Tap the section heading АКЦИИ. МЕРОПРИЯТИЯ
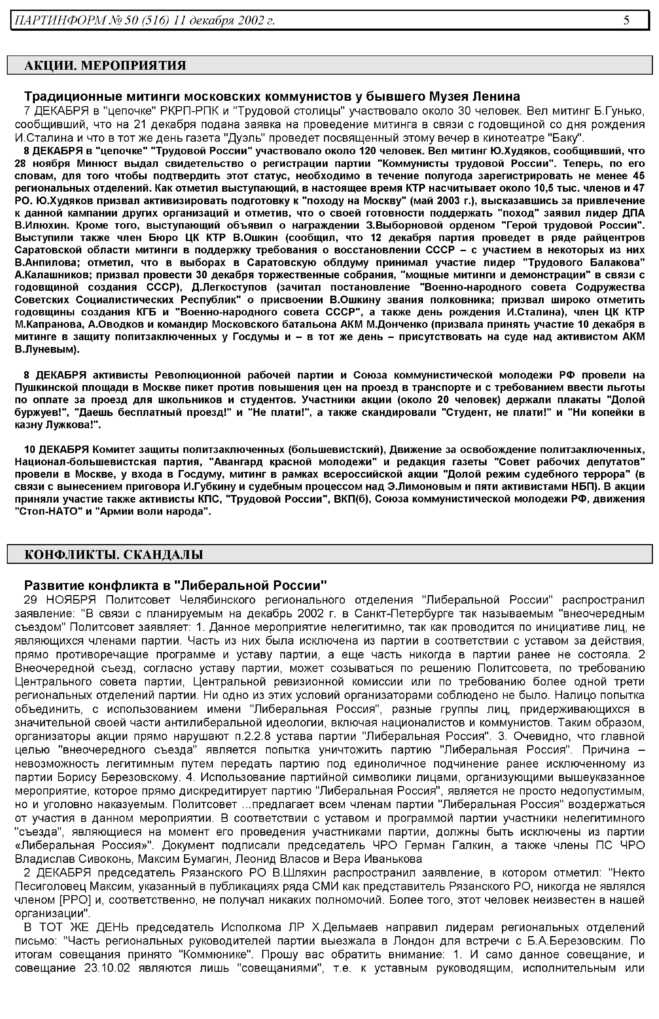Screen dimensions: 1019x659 tap(105, 65)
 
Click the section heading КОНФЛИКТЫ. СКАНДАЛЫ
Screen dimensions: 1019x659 tap(113, 555)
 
